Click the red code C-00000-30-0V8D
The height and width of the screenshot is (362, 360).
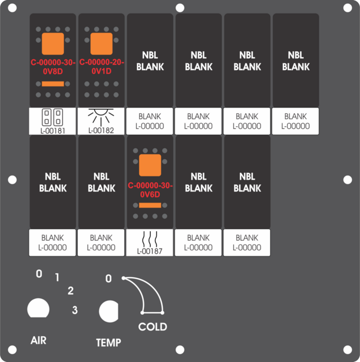click(x=53, y=67)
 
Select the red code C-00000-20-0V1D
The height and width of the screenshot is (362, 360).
click(x=101, y=67)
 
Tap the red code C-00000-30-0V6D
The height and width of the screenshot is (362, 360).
click(x=150, y=190)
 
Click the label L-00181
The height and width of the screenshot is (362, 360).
click(x=53, y=131)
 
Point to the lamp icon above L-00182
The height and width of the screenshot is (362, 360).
click(x=101, y=117)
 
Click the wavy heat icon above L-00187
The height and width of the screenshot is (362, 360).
click(x=150, y=239)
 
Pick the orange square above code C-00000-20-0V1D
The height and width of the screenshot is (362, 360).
click(x=101, y=43)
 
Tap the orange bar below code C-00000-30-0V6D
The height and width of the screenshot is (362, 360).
click(x=150, y=205)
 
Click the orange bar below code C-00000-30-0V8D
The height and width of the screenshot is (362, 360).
click(x=53, y=84)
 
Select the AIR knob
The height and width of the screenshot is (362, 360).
click(x=38, y=308)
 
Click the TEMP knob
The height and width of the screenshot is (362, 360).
click(x=109, y=311)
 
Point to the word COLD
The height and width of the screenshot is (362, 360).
click(x=153, y=327)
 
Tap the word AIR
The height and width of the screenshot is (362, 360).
click(x=38, y=341)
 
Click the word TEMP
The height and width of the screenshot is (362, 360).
click(x=109, y=343)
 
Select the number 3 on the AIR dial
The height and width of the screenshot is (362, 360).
click(x=75, y=310)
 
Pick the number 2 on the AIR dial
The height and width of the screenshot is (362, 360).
click(x=71, y=291)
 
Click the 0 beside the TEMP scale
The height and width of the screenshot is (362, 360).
click(x=109, y=279)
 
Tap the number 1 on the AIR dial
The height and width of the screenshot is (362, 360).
click(x=57, y=277)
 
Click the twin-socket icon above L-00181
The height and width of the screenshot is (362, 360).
click(x=53, y=117)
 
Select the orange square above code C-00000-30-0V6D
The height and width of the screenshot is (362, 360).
click(x=150, y=165)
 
